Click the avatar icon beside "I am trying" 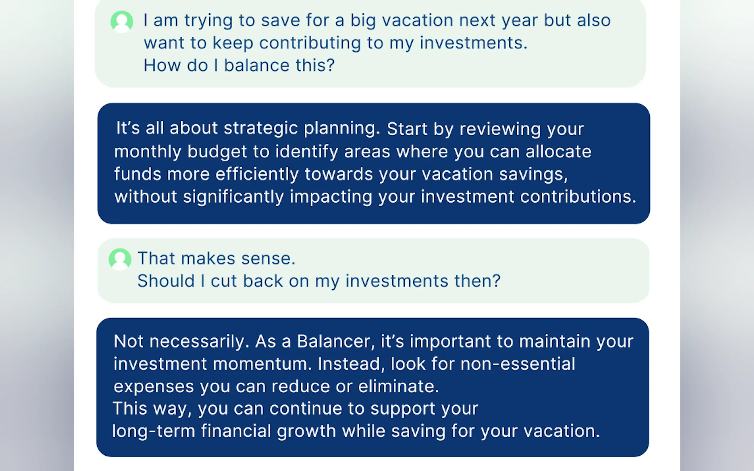point(122,21)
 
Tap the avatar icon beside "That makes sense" point(120,259)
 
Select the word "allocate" point(559,152)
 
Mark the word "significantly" point(233,197)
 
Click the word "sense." point(268,259)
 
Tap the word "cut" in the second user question point(224,281)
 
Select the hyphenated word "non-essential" point(518,364)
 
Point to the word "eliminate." point(399,386)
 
